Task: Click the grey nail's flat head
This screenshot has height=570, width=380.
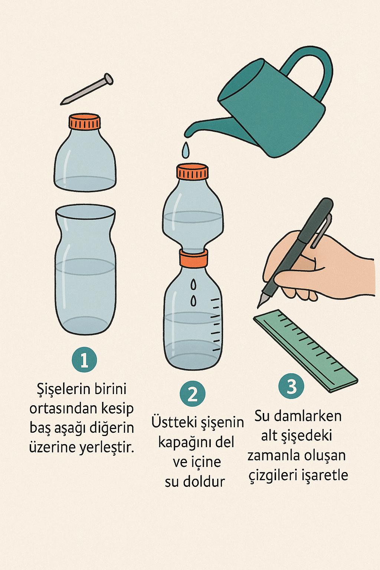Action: (x=108, y=79)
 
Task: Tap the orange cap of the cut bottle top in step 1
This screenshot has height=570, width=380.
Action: (x=85, y=122)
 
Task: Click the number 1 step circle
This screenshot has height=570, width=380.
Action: (x=84, y=360)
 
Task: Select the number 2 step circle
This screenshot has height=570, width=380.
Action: (x=193, y=393)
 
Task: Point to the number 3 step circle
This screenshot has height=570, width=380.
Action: (x=291, y=386)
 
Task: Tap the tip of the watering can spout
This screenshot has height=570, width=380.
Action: (x=187, y=134)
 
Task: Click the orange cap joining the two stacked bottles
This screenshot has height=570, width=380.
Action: (x=193, y=257)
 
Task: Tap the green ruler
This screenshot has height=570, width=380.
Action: (x=306, y=351)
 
